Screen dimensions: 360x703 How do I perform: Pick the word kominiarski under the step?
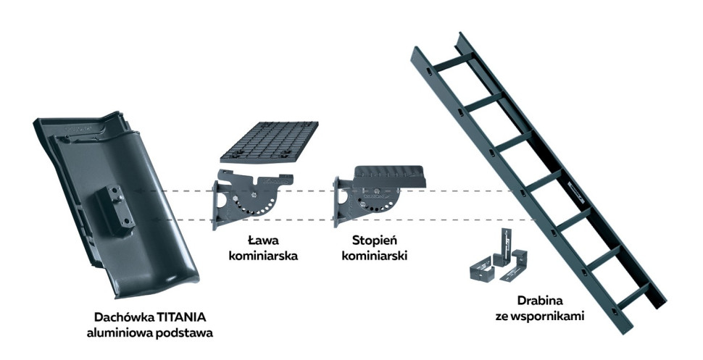pyautogui.click(x=378, y=254)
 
